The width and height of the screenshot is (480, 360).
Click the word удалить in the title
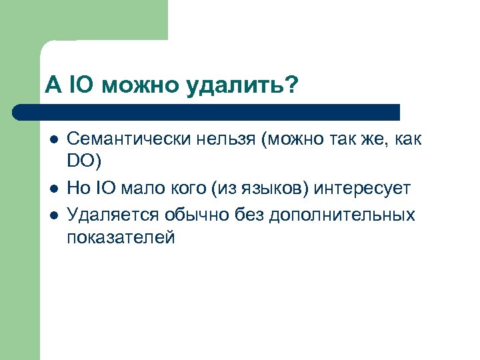coord(243,85)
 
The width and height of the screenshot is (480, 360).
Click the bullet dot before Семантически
coord(53,140)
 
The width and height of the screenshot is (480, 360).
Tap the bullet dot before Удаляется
coord(53,215)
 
